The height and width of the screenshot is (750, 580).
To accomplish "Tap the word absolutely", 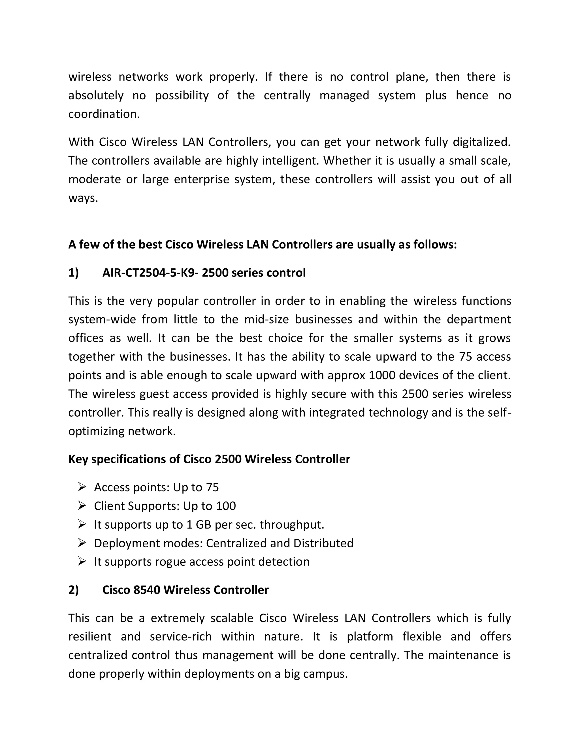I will (x=96, y=95).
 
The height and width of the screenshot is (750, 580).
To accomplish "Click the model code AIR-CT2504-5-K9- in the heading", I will (x=150, y=273).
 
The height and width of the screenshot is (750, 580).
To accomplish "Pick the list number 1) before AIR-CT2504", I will (x=74, y=273).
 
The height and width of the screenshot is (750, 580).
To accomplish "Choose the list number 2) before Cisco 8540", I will (x=74, y=590).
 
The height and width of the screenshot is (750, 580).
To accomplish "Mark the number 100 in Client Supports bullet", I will (x=226, y=506).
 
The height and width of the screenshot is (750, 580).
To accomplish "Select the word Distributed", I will (x=323, y=543).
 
